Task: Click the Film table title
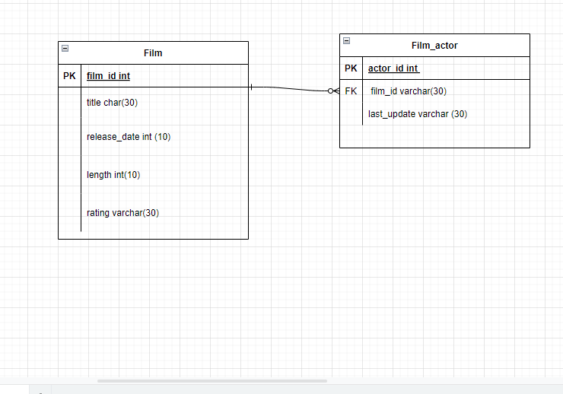coord(153,53)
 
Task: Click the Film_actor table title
coord(434,46)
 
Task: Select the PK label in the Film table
coord(69,76)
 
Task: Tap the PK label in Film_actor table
coord(351,68)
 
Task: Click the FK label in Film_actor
coord(351,91)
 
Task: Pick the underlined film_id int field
coord(108,76)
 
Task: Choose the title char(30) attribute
coord(112,103)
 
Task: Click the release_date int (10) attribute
coord(129,137)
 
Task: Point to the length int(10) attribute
coord(113,175)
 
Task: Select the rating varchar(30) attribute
coord(122,213)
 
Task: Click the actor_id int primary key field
coord(393,68)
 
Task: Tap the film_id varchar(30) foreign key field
coord(409,91)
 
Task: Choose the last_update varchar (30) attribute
coord(418,114)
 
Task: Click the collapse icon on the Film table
coord(65,48)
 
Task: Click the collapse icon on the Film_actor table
coord(346,40)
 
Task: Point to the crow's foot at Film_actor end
coord(334,91)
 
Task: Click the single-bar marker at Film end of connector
coord(252,87)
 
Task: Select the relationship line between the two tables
coord(293,89)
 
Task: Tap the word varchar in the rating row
coord(126,213)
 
